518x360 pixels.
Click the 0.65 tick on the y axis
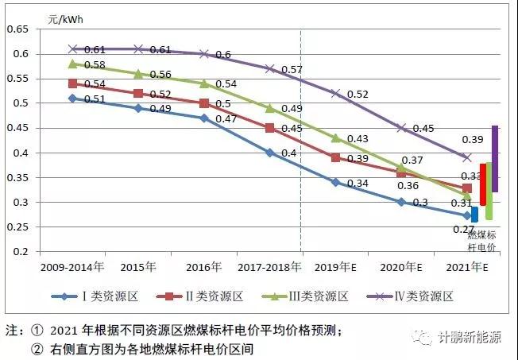(x=17, y=29)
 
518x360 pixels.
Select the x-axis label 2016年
(x=204, y=266)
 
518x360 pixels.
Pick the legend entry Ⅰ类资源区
(x=105, y=297)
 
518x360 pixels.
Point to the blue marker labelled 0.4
(x=270, y=153)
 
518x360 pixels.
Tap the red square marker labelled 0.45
(x=270, y=128)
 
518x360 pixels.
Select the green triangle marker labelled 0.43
(x=335, y=138)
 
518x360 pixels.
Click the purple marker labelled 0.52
(x=335, y=94)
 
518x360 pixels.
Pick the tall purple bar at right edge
(x=495, y=159)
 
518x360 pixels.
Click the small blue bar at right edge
(x=474, y=214)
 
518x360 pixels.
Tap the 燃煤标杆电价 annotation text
(x=482, y=241)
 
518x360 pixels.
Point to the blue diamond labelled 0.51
(x=73, y=99)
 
